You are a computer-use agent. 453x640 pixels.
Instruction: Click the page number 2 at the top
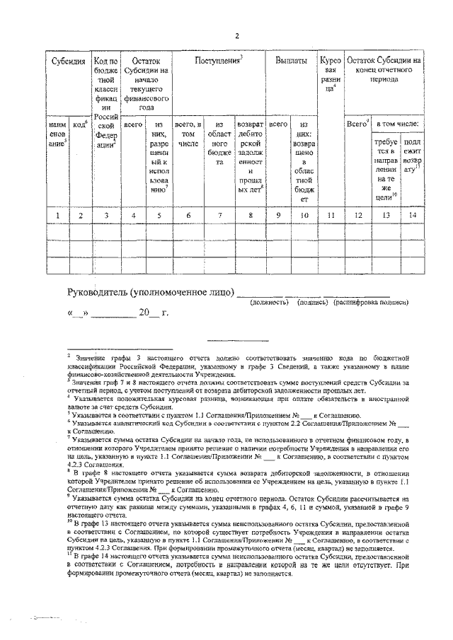click(x=237, y=36)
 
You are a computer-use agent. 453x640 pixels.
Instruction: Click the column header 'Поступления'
click(x=219, y=62)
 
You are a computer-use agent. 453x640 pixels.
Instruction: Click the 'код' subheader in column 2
click(x=80, y=124)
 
